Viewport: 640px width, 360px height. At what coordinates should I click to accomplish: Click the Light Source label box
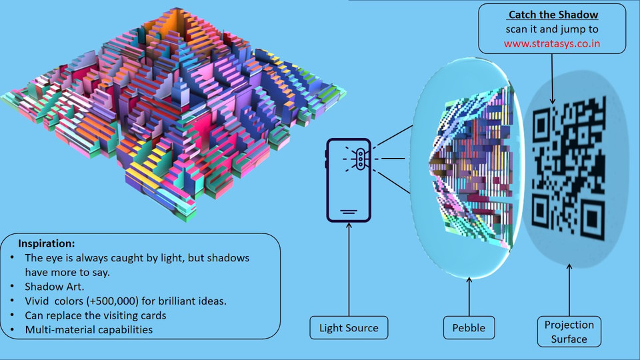pos(349,328)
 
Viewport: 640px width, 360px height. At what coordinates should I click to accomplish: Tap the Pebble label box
pos(469,328)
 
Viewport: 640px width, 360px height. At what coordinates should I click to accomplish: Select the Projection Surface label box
pos(569,331)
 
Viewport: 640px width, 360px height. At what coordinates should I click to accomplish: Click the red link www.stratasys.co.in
pos(551,44)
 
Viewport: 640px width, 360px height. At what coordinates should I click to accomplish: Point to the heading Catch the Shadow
pos(553,15)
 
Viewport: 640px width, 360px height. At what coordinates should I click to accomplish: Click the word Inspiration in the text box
pos(46,243)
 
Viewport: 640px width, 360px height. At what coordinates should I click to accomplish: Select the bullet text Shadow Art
pos(53,287)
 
